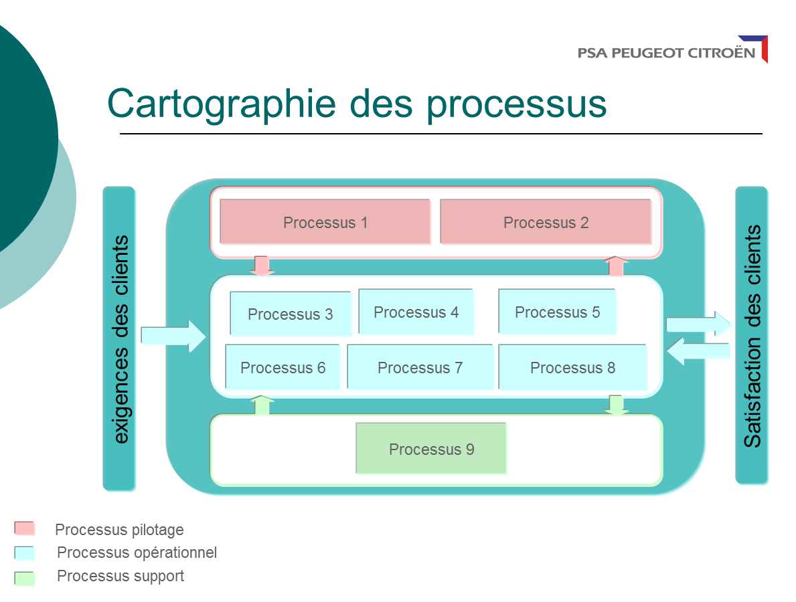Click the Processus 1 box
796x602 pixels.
(x=325, y=222)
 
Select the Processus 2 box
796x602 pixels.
(x=545, y=222)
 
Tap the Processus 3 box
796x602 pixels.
(x=290, y=314)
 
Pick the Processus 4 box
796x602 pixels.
(x=416, y=312)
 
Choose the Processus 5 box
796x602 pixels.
(x=557, y=312)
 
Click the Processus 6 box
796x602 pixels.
(x=283, y=367)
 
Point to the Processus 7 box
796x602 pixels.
(x=420, y=367)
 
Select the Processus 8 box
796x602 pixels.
(x=572, y=367)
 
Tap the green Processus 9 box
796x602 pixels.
(x=431, y=449)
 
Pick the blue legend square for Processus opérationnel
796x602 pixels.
(x=25, y=553)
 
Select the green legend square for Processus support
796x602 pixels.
(x=25, y=577)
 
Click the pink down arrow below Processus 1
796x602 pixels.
(x=262, y=266)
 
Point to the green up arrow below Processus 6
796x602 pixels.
(x=262, y=405)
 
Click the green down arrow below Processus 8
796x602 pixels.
(x=616, y=405)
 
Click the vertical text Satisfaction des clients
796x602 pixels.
(x=752, y=336)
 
